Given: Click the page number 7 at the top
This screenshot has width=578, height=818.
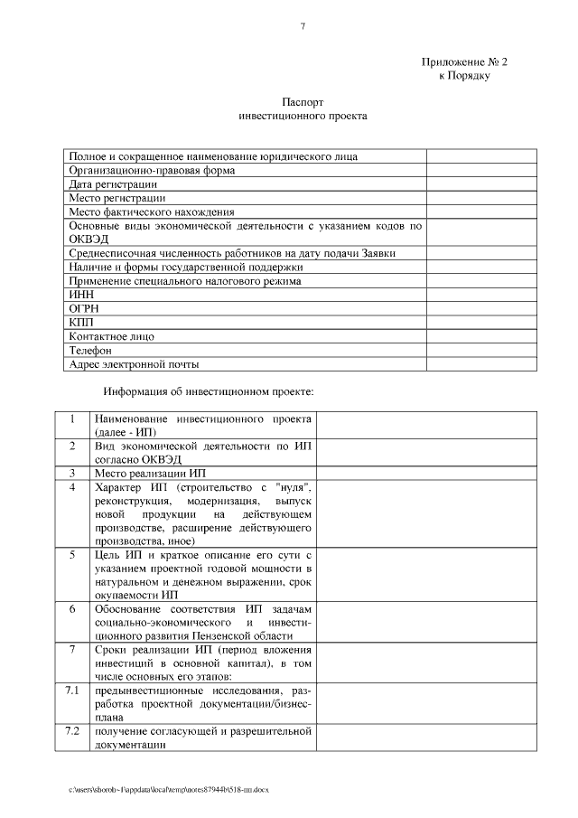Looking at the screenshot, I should [x=303, y=26].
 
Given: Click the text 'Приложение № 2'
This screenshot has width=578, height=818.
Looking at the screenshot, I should [x=464, y=61].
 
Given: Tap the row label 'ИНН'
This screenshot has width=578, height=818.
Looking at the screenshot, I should [x=80, y=294].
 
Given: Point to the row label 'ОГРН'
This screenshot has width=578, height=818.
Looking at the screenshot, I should [x=84, y=308].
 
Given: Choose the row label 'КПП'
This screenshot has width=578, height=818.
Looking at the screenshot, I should [x=81, y=322].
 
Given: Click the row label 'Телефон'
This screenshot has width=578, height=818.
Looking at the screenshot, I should [x=90, y=350].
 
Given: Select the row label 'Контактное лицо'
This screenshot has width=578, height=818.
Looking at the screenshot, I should [x=111, y=336].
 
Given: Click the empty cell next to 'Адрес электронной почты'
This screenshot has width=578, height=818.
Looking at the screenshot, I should [x=471, y=364].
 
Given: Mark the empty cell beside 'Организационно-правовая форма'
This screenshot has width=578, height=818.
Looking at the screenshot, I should [x=471, y=169].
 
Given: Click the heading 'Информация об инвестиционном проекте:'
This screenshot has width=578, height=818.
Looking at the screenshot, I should [x=209, y=392].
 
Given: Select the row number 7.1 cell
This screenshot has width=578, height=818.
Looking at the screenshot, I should [x=72, y=691].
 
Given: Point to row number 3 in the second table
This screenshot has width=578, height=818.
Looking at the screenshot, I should [x=72, y=473].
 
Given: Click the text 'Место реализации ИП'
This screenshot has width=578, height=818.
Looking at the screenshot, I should [x=150, y=473].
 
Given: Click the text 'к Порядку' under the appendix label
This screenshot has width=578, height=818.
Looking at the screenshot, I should [x=464, y=77].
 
